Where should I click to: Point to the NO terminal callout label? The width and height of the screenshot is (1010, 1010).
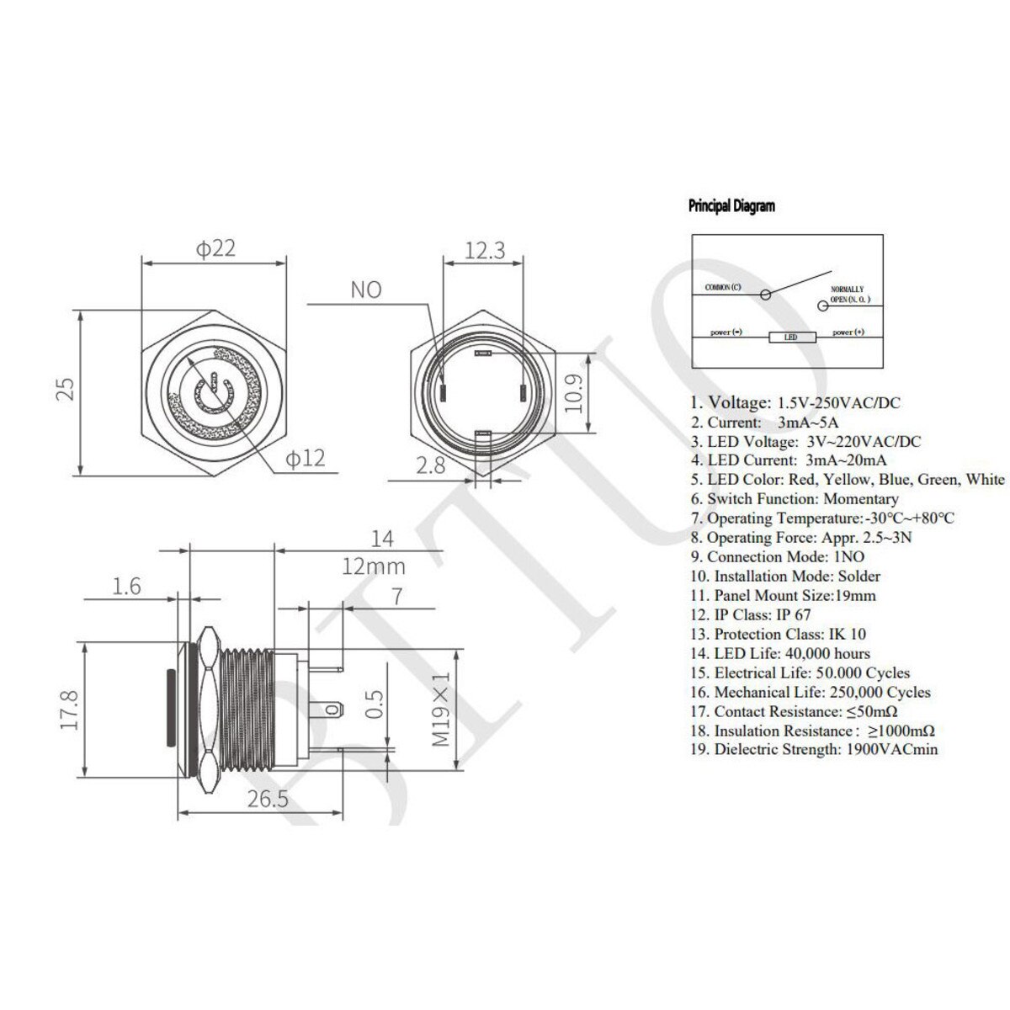(365, 290)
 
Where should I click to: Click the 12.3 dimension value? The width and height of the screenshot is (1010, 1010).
(484, 250)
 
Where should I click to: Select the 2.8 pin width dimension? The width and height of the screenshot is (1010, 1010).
(431, 465)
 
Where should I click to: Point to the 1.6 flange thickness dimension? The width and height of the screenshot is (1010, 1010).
(127, 587)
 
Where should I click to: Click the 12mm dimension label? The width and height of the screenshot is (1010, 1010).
(373, 566)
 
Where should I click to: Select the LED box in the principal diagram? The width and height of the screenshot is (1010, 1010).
(793, 338)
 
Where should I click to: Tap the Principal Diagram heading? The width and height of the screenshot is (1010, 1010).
(731, 205)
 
